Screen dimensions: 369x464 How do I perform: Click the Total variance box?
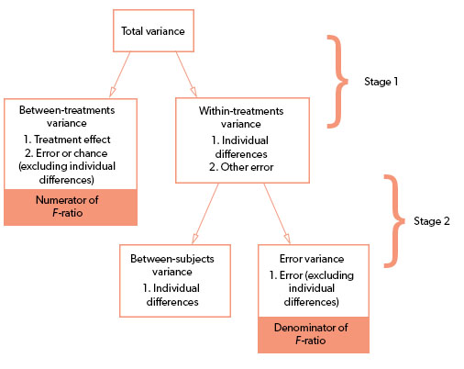[x=152, y=31]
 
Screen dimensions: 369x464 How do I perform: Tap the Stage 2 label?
[x=435, y=220]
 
